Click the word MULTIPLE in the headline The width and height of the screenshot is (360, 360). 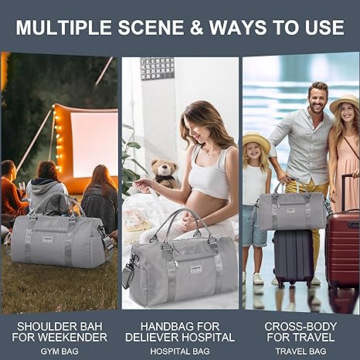click(63, 27)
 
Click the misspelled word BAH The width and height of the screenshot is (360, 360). click(90, 327)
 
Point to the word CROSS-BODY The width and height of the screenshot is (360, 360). click(301, 327)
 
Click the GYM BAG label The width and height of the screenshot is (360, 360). click(59, 352)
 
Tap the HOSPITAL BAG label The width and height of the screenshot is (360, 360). click(180, 352)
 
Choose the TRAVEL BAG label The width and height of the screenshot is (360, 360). click(301, 352)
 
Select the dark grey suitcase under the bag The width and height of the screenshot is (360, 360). click(293, 258)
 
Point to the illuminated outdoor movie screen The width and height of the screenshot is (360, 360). click(94, 144)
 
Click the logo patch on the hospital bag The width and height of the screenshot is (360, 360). click(196, 270)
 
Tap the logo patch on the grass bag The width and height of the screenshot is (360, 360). click(48, 239)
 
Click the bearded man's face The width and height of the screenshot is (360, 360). click(318, 99)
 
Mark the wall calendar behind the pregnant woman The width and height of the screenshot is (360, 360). click(157, 69)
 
